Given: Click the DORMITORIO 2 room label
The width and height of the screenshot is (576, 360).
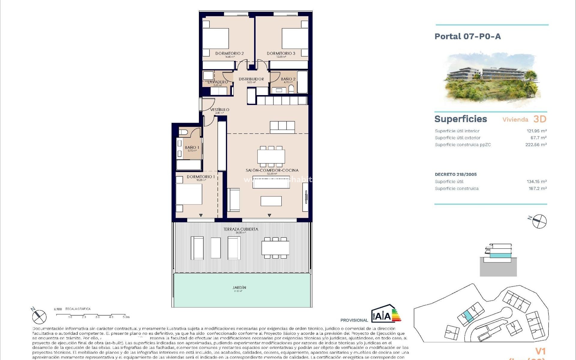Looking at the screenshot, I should tap(229, 53).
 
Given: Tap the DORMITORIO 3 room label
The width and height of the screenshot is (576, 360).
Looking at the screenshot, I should tap(281, 53).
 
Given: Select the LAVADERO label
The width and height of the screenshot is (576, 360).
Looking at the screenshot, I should tap(218, 82).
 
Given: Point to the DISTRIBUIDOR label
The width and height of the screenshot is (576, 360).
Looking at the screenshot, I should tap(251, 79).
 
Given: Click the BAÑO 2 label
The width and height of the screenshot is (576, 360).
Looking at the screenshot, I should tap(288, 79).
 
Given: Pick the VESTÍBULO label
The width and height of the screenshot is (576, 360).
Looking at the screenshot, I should tap(220, 110).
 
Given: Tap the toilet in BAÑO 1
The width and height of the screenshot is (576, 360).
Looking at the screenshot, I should tap(183, 132).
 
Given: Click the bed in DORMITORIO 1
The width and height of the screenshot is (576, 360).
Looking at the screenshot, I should tap(189, 194).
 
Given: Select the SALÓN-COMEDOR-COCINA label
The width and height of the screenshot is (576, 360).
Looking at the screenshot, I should tap(272, 170).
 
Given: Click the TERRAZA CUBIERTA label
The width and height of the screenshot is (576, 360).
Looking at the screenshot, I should tap(241, 229).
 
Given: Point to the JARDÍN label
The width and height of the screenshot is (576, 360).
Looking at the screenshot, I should tap(239, 287).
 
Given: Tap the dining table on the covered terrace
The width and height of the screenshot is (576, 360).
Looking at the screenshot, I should tap(275, 248).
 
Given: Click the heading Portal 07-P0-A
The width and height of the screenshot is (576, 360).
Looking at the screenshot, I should tap(468, 37).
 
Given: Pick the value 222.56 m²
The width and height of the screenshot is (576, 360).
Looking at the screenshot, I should tap(536, 145).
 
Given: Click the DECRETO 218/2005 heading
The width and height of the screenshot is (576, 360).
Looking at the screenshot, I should tap(456, 174).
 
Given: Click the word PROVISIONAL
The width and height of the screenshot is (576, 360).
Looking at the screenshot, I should tap(354, 320).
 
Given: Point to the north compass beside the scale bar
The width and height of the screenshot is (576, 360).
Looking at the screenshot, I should tap(39, 316).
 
